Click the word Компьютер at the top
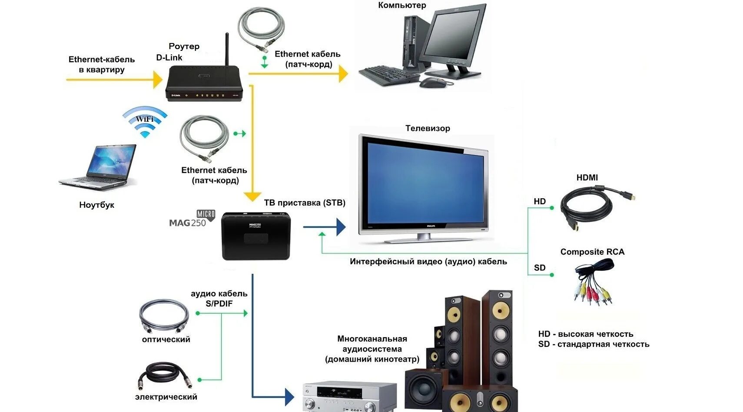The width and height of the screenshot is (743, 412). pos(402,5)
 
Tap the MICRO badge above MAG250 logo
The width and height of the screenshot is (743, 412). pos(206,214)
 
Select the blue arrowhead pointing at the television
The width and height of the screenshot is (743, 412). pos(341,227)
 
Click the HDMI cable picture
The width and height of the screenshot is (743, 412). pos(595,207)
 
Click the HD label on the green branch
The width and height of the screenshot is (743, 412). pos(540,201)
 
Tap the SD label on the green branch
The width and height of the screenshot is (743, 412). pos(540,268)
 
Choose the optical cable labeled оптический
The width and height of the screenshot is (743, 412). pos(164,315)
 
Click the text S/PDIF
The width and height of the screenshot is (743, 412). pos(219,304)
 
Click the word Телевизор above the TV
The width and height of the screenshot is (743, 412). pos(428,128)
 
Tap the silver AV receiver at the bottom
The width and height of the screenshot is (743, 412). pos(349,396)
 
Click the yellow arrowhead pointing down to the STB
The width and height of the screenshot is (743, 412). pos(252,196)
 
